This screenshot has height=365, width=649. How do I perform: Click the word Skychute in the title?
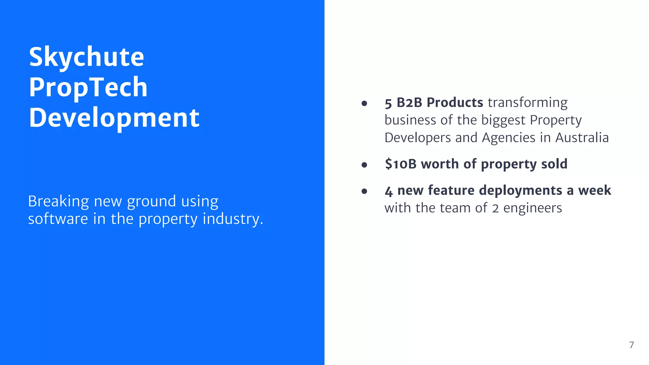coord(87,57)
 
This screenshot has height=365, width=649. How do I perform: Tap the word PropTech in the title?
coord(88,87)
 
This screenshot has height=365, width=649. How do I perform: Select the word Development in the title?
coord(114,118)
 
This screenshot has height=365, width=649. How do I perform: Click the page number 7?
coord(632,345)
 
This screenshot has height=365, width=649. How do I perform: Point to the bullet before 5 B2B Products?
coord(364,103)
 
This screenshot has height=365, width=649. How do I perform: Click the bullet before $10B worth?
coord(364,165)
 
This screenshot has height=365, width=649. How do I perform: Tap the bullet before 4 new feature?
coord(364,191)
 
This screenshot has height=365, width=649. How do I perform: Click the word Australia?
coord(582,138)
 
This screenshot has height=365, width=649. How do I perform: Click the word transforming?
coord(528,103)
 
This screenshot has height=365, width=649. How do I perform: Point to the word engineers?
coord(532,208)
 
